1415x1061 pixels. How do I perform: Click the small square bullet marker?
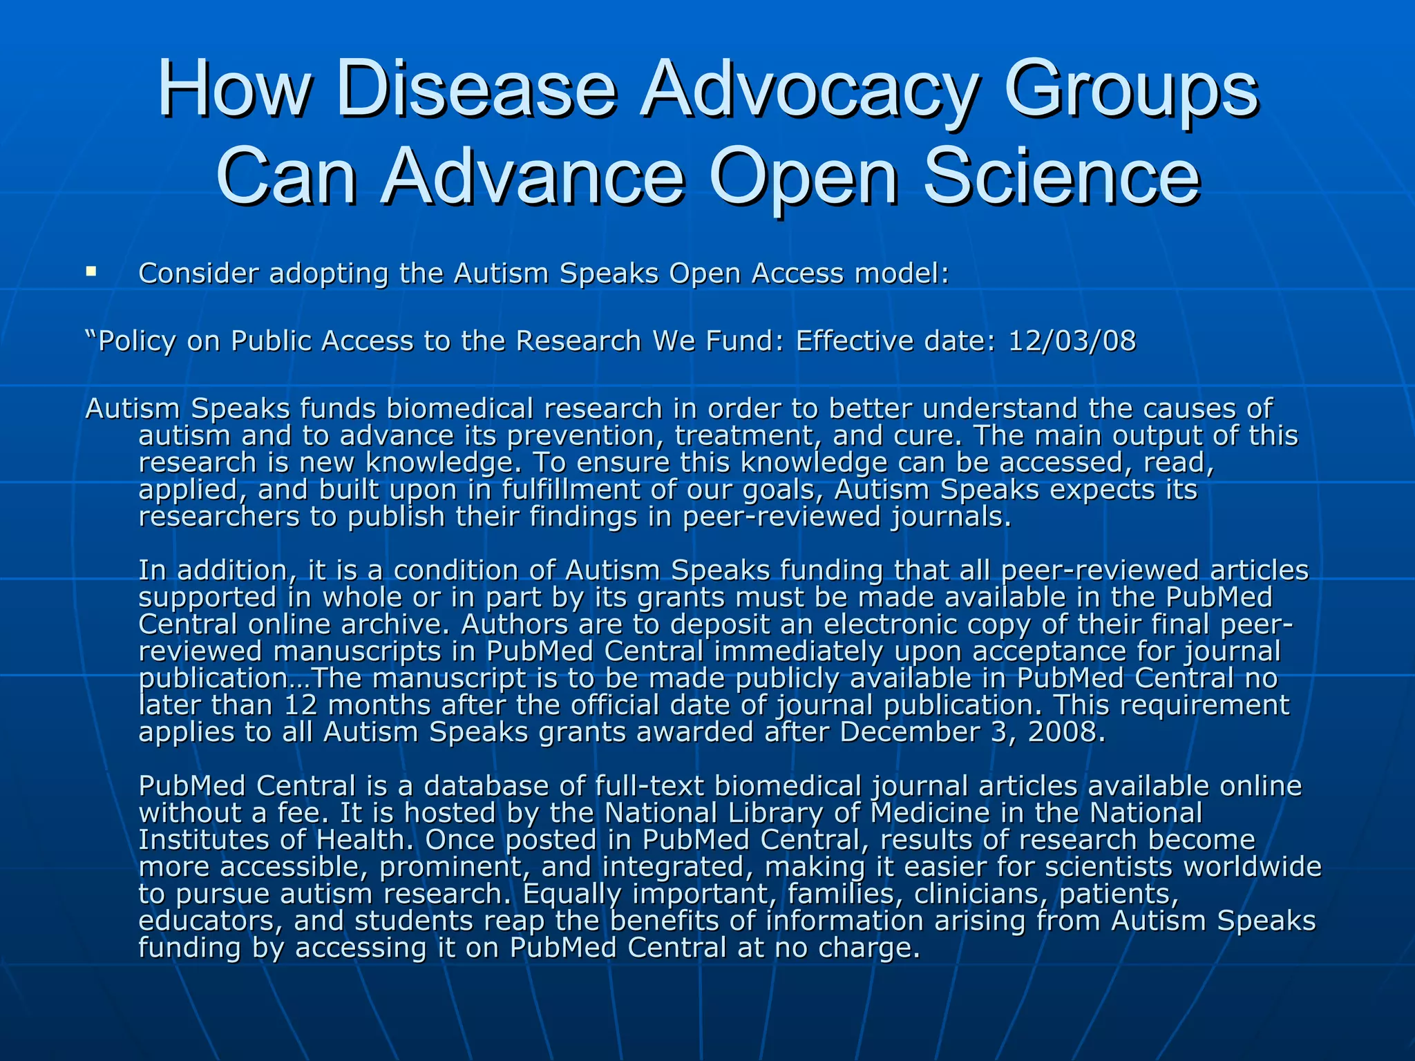[91, 272]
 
